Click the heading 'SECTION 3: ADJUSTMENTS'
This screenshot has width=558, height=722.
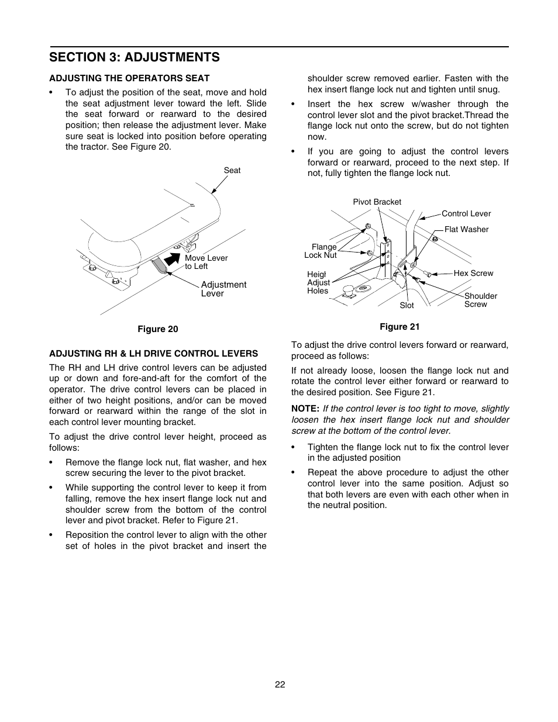coord(135,57)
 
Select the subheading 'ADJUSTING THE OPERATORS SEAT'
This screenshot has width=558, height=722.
coord(129,78)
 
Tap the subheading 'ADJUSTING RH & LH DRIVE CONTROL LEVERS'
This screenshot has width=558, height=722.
coord(153,353)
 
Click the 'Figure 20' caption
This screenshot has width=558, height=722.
coord(157,329)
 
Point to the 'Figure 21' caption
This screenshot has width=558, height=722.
coord(399,326)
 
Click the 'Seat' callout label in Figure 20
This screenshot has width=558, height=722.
coord(232,170)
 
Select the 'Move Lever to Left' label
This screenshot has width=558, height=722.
coord(206,262)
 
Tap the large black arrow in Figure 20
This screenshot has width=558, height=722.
coord(173,257)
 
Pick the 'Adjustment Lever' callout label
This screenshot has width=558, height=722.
coord(223,289)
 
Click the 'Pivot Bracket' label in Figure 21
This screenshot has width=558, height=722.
coord(377,202)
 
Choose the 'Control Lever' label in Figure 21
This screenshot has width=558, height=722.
coord(466,213)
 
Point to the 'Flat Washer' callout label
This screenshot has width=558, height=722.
coord(466,229)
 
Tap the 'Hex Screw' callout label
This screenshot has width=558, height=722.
coord(473,273)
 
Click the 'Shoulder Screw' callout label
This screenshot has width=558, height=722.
coord(480,300)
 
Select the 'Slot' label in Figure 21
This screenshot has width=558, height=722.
coord(407,305)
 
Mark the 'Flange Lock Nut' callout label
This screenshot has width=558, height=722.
coord(321,251)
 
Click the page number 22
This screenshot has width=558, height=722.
coord(280,685)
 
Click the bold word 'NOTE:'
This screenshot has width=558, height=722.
coord(305,409)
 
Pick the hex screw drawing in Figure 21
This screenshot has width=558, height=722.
coord(427,274)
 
